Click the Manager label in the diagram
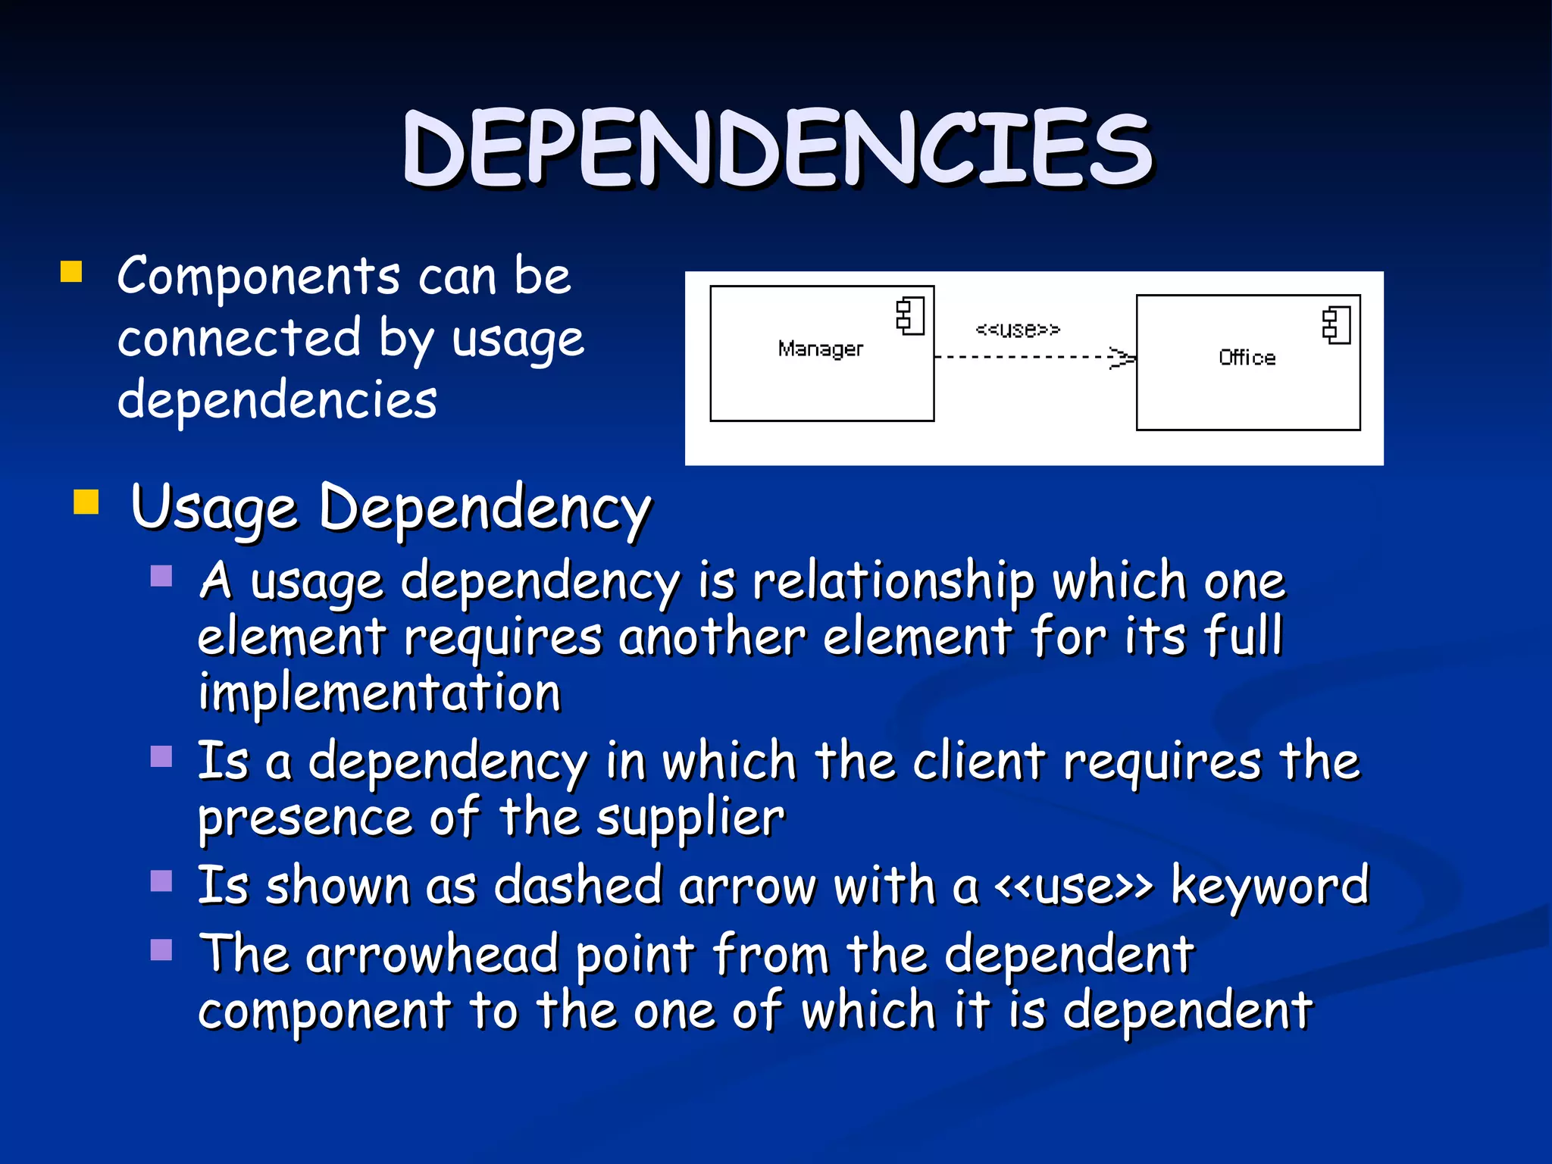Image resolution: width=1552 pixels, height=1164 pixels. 820,349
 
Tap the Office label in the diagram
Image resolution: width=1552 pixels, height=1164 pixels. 1247,358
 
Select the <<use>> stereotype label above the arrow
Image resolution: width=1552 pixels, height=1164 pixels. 1017,330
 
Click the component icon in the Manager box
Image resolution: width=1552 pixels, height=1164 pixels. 909,316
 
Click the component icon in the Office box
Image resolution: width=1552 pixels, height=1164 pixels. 1336,326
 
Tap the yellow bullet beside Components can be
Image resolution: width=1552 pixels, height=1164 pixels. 71,272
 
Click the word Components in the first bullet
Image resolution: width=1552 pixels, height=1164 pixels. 258,276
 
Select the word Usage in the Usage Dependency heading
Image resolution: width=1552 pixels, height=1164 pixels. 214,508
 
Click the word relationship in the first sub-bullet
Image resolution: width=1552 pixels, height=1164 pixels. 893,582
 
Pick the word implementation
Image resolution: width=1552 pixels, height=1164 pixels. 379,693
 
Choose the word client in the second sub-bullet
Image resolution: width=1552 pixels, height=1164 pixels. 979,761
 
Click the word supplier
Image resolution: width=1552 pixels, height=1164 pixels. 690,818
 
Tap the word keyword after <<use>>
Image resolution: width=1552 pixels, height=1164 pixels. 1270,885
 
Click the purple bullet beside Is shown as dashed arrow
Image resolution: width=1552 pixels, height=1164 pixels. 161,881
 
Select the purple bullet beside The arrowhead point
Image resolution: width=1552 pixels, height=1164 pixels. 161,950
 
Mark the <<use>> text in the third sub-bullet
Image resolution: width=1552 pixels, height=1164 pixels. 1074,885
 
